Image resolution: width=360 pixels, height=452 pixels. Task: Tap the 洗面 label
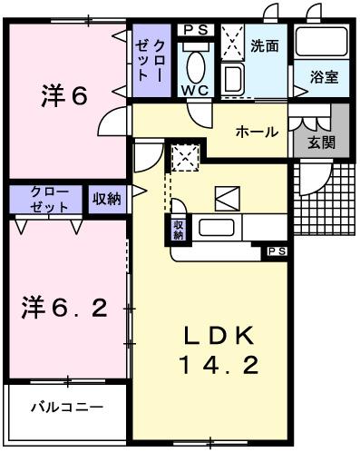point(265,44)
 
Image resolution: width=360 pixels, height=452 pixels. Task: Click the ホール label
point(257,133)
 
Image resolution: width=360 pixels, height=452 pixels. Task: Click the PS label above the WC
point(195,30)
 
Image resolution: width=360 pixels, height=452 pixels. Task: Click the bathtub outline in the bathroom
point(321,42)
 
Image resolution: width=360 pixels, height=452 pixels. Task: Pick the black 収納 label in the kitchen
point(178,230)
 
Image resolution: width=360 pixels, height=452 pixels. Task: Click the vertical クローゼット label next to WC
point(151,61)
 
